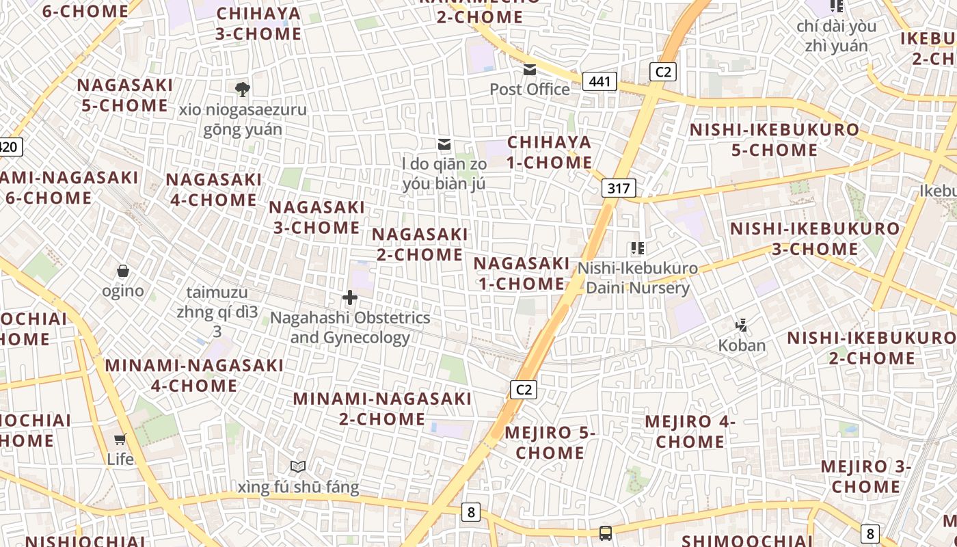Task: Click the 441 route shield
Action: point(599,82)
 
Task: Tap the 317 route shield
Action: point(619,188)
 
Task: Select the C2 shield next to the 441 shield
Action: point(662,72)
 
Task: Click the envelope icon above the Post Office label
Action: point(530,70)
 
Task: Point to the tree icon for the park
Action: point(242,89)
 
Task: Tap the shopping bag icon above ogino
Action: point(123,271)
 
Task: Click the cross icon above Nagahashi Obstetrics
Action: point(350,297)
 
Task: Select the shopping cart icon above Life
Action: point(120,439)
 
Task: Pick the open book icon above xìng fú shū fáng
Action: point(297,467)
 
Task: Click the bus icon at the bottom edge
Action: point(605,533)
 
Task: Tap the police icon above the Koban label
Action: point(742,325)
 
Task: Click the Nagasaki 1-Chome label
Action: point(521,273)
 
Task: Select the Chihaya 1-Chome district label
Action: point(550,152)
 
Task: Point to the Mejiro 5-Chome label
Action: point(550,442)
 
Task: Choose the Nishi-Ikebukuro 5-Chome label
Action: point(774,139)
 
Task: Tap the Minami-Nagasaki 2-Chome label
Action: point(382,408)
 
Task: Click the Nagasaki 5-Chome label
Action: point(124,95)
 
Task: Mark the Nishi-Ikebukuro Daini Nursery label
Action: point(638,278)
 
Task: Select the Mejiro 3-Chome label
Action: point(866,477)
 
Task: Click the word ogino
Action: point(123,291)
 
